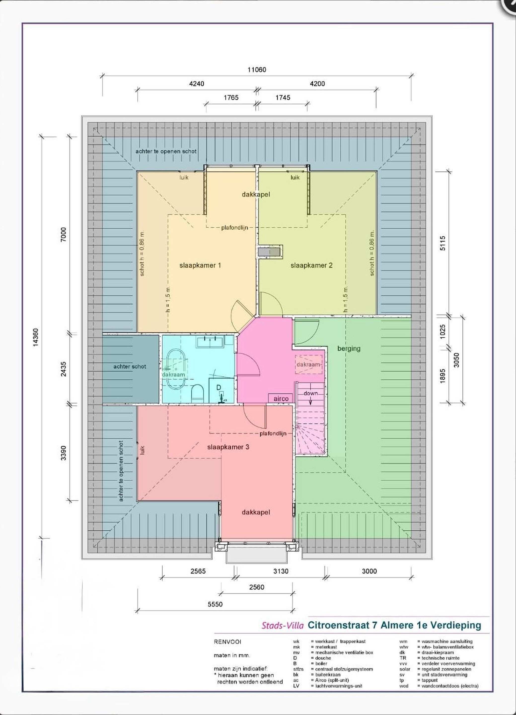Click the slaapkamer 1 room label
click(x=200, y=265)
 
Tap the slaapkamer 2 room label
click(x=311, y=265)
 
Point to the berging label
click(x=349, y=348)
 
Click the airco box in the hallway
click(x=281, y=398)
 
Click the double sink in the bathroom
click(x=210, y=342)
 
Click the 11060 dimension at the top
click(x=257, y=70)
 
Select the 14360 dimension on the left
click(x=36, y=337)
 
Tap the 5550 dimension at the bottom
click(x=215, y=604)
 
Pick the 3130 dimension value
click(x=281, y=571)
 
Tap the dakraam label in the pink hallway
click(x=308, y=364)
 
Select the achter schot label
click(x=130, y=366)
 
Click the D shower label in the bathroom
click(x=219, y=388)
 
